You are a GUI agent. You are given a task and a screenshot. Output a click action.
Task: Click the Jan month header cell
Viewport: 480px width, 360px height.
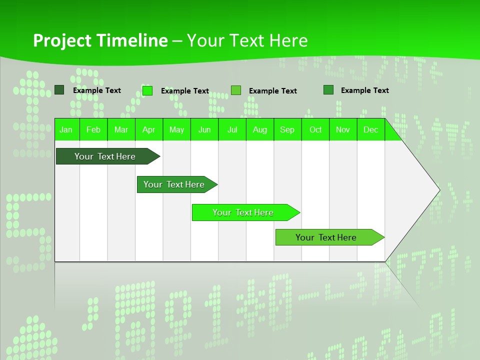pos(66,129)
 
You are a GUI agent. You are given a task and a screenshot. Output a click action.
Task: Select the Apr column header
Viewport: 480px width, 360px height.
pos(149,129)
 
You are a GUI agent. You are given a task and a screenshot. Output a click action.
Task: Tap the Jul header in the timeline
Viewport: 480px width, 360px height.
pos(232,129)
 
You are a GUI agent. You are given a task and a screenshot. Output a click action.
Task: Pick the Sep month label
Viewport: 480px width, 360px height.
pos(287,129)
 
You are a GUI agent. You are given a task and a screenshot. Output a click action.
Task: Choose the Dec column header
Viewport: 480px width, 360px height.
pos(370,129)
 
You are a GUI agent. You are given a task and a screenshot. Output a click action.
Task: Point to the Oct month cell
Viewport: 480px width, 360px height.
pos(315,129)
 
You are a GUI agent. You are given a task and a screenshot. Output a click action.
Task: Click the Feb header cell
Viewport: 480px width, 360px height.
pos(93,129)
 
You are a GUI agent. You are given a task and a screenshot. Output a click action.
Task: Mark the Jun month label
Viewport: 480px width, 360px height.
pos(204,129)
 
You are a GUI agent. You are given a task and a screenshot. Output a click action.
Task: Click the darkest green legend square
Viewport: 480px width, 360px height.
pos(59,90)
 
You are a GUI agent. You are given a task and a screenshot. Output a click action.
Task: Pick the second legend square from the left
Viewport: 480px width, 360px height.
pos(147,90)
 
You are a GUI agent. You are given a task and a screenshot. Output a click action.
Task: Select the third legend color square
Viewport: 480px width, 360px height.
pos(236,90)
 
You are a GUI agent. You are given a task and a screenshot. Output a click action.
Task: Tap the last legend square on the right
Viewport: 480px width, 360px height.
pos(328,90)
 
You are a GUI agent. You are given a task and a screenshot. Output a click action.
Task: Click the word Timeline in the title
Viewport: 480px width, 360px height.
pos(132,40)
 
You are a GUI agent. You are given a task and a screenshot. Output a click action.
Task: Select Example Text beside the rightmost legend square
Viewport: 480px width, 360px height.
pos(364,90)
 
